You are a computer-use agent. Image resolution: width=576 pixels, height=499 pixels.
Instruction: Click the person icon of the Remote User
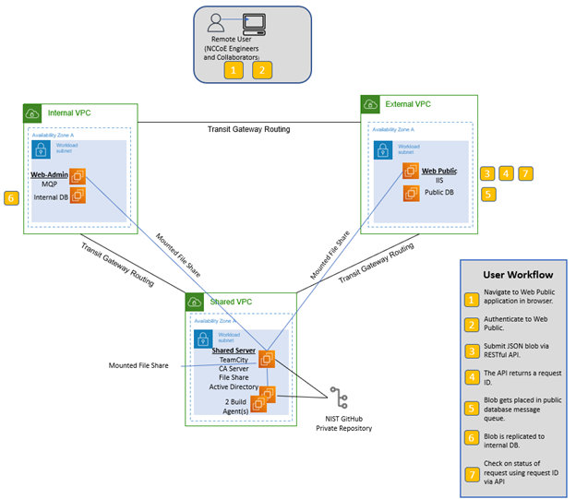point(217,21)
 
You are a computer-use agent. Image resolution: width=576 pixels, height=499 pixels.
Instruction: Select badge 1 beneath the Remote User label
point(235,69)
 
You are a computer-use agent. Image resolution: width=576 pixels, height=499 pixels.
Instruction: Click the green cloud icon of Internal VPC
point(33,113)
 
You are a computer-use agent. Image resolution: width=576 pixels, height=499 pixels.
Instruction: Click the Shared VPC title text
point(232,302)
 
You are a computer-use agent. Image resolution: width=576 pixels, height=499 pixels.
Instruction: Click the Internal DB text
point(51,196)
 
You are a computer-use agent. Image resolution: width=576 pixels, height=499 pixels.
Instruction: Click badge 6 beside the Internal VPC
point(11,197)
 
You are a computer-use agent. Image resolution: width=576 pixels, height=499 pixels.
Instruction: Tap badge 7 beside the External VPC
point(525,172)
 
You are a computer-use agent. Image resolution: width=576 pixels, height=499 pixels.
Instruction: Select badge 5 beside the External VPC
point(487,194)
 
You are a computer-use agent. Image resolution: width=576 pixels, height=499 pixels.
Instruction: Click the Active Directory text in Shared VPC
point(234,386)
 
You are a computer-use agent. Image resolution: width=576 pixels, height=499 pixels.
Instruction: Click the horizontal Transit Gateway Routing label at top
point(248,129)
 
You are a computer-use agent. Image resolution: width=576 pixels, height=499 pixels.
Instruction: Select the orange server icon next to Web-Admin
point(78,175)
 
